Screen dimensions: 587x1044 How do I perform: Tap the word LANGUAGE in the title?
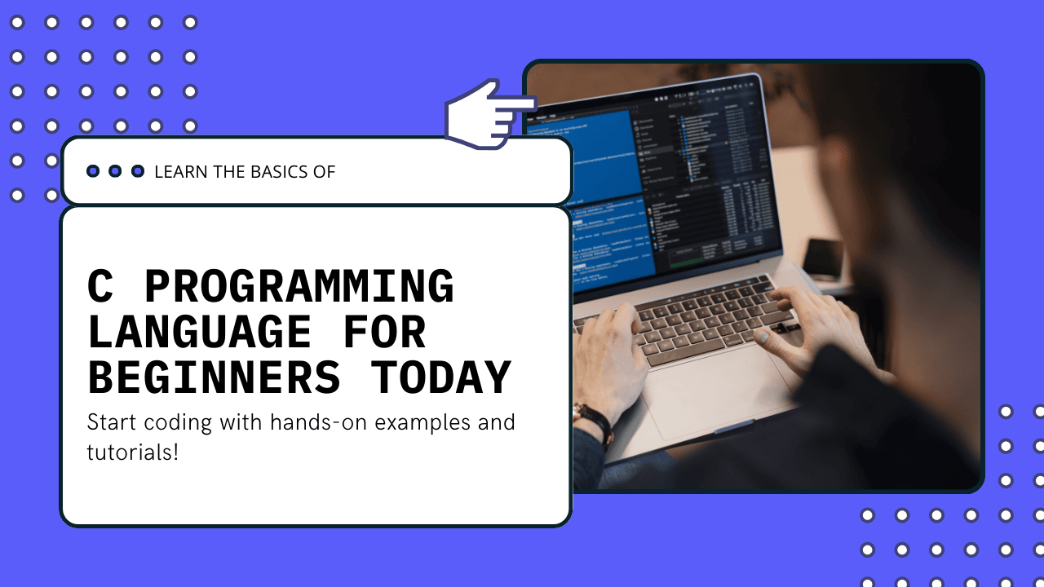point(200,333)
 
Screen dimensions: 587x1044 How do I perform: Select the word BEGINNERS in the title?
point(214,377)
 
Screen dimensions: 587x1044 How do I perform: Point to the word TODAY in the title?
point(441,377)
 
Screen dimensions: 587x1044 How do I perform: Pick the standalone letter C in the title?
point(100,287)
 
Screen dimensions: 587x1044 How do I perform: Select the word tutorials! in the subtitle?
point(132,452)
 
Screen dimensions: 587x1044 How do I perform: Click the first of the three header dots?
point(93,171)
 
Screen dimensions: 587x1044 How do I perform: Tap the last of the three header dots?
point(138,171)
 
